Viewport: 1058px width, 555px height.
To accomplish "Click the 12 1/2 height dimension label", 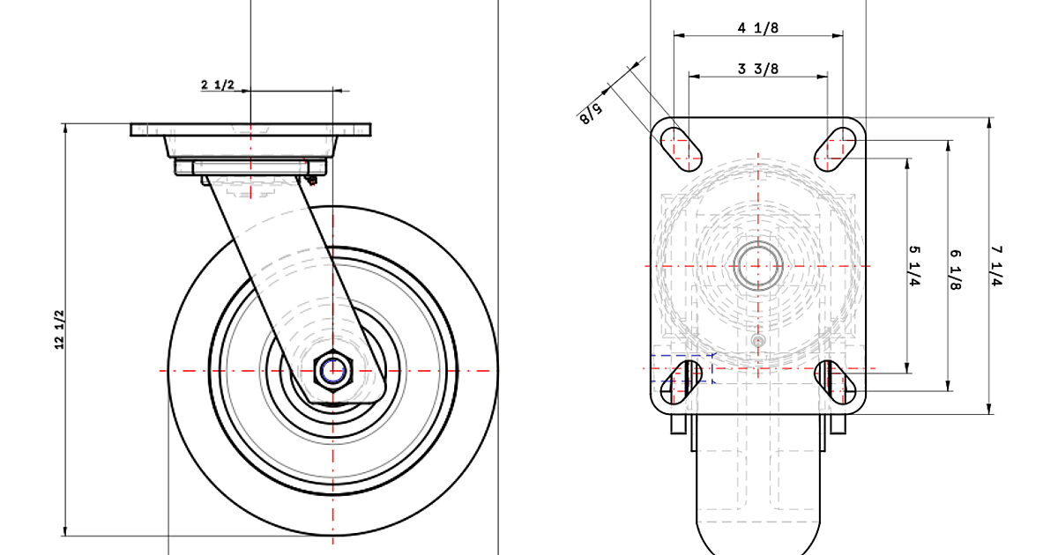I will [x=60, y=330].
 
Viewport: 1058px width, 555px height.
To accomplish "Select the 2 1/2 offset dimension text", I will [x=218, y=85].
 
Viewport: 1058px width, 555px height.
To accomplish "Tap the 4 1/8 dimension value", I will [x=758, y=27].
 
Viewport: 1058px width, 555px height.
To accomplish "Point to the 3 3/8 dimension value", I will [x=758, y=69].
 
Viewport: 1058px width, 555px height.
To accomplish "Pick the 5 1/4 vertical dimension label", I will [x=913, y=265].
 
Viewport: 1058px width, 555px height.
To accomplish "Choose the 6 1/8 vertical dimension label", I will [x=955, y=269].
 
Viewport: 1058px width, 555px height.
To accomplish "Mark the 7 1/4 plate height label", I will [x=997, y=265].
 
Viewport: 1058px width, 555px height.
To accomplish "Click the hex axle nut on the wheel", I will [x=333, y=371].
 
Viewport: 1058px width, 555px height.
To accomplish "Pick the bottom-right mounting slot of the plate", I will [x=836, y=381].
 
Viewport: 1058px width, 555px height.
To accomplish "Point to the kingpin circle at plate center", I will [x=758, y=265].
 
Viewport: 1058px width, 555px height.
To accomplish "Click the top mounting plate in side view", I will [x=251, y=129].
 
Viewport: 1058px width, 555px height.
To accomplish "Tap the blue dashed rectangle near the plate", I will [x=682, y=369].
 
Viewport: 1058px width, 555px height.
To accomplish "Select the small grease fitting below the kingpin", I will [x=758, y=340].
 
